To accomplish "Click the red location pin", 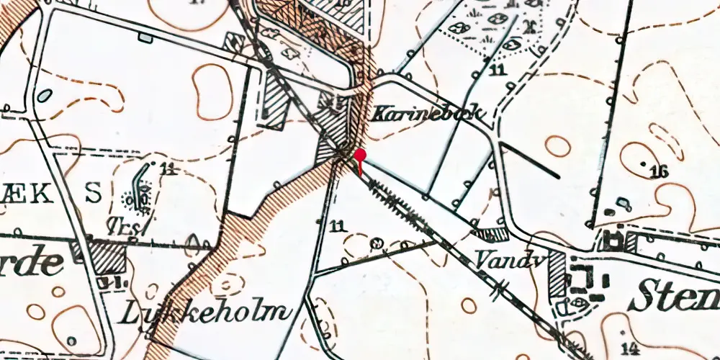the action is (359, 156).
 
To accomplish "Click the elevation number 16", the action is (658, 171).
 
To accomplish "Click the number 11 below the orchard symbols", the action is (495, 70).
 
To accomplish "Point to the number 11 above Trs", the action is (169, 169).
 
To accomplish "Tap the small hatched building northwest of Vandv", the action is (492, 235).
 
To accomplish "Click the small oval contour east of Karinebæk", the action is (557, 146).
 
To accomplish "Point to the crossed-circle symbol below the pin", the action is (374, 244).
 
